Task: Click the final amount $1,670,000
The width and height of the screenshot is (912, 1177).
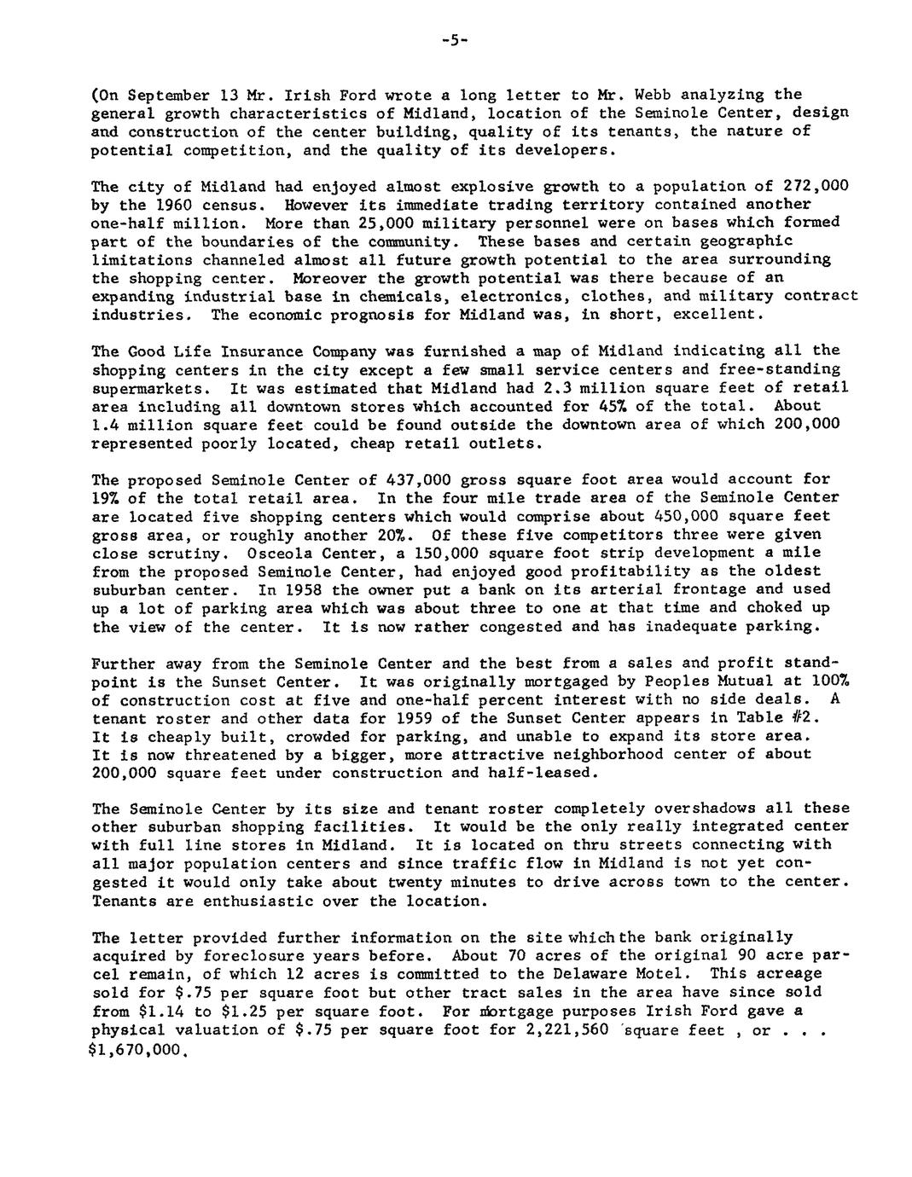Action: [137, 1048]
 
